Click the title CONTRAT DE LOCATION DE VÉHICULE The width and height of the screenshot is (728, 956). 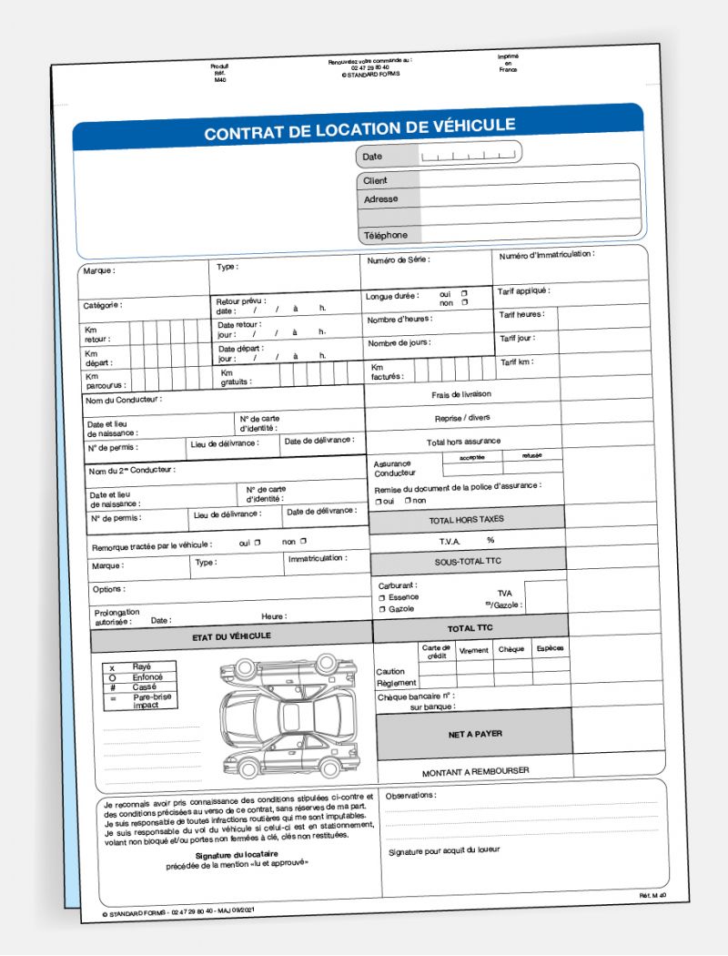tap(359, 128)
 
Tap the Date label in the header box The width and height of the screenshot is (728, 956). tap(372, 157)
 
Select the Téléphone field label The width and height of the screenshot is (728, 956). tap(386, 235)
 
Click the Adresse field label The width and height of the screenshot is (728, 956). tap(380, 198)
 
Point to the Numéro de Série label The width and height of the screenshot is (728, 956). tap(399, 260)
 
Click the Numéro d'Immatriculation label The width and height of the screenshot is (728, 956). tap(546, 255)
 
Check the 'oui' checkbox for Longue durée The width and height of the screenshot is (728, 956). tap(464, 293)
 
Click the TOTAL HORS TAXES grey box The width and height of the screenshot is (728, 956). tap(466, 519)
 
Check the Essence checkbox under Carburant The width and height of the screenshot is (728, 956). tap(382, 597)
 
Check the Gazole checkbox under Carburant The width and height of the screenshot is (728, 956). tap(382, 609)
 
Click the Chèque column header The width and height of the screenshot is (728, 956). tap(511, 650)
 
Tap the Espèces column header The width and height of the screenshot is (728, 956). tap(551, 649)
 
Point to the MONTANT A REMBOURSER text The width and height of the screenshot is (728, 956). tap(475, 771)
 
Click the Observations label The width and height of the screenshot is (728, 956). tap(410, 796)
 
